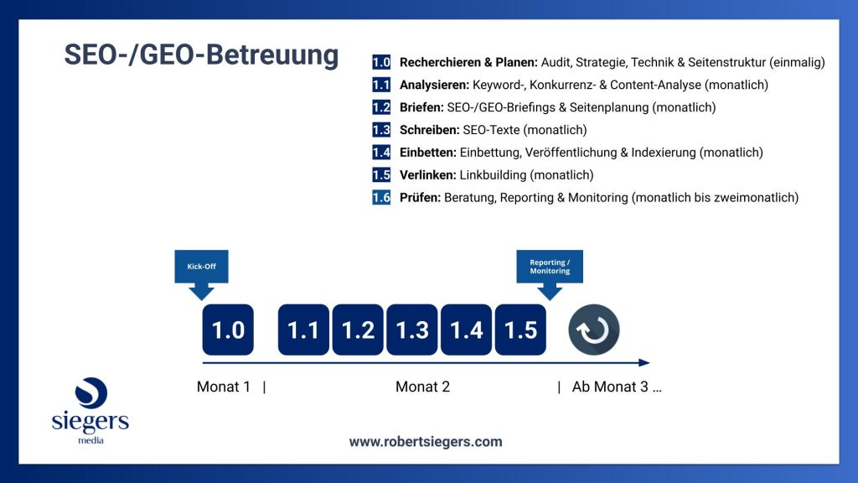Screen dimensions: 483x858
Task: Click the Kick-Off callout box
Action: (201, 267)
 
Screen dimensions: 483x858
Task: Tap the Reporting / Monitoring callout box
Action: (550, 267)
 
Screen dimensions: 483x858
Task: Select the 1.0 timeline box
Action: (228, 330)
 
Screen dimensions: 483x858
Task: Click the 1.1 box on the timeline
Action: (303, 330)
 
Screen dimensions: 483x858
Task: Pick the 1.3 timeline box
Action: (412, 330)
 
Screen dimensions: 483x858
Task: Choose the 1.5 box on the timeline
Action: (520, 330)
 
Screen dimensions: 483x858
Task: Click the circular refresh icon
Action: (594, 330)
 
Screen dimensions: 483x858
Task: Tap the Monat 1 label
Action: (224, 387)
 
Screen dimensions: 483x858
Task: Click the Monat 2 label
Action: (422, 387)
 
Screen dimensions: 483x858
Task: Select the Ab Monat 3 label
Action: (617, 387)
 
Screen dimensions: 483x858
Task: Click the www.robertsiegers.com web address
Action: (426, 441)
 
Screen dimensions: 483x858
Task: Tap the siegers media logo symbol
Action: (90, 394)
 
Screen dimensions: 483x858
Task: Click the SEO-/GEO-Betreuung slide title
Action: (202, 55)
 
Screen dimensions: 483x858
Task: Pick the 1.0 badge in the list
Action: (381, 62)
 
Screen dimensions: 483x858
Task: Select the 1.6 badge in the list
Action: (381, 198)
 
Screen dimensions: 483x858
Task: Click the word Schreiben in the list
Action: (429, 130)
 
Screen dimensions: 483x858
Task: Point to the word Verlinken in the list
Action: (427, 175)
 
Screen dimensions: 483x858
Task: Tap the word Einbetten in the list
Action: (428, 153)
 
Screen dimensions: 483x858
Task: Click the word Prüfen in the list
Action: (420, 198)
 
